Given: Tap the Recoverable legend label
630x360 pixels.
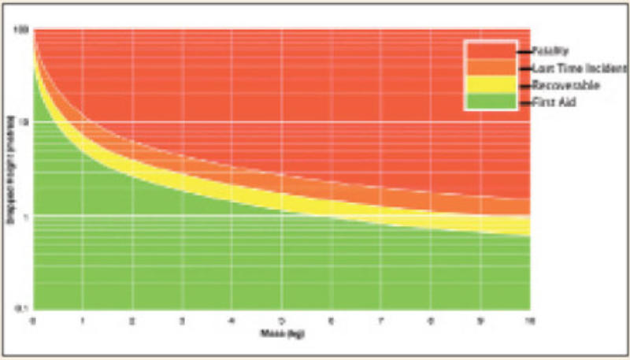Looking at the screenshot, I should click(556, 84).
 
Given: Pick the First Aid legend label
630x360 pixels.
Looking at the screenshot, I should click(549, 101).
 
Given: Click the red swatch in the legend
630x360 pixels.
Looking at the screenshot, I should click(491, 50).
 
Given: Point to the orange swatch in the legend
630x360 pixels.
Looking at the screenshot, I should click(491, 68).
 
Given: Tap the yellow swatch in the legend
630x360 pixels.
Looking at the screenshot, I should click(491, 84).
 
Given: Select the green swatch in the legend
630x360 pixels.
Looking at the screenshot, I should click(491, 101).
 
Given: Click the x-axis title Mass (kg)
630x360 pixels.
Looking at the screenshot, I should click(280, 335).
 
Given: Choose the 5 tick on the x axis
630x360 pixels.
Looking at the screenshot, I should click(281, 320).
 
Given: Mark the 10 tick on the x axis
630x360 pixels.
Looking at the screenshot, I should click(528, 320).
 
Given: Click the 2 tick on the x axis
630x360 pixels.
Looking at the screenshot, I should click(132, 320).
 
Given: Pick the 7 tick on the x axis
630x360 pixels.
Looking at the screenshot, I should click(380, 320).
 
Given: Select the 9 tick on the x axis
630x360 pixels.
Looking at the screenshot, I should click(480, 320).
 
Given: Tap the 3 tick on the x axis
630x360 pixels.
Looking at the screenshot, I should click(182, 320).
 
